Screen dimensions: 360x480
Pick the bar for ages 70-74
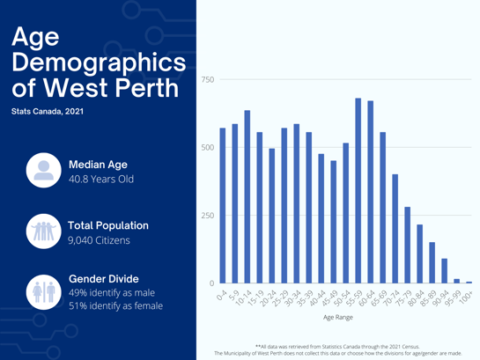click(395, 229)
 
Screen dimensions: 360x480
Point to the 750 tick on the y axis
click(208, 80)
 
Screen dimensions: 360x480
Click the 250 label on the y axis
click(208, 216)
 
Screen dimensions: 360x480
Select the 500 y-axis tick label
click(208, 148)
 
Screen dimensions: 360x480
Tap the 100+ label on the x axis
click(466, 297)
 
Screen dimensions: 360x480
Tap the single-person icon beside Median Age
click(43, 168)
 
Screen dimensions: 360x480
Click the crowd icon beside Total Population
click(43, 231)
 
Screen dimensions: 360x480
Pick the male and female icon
click(43, 291)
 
